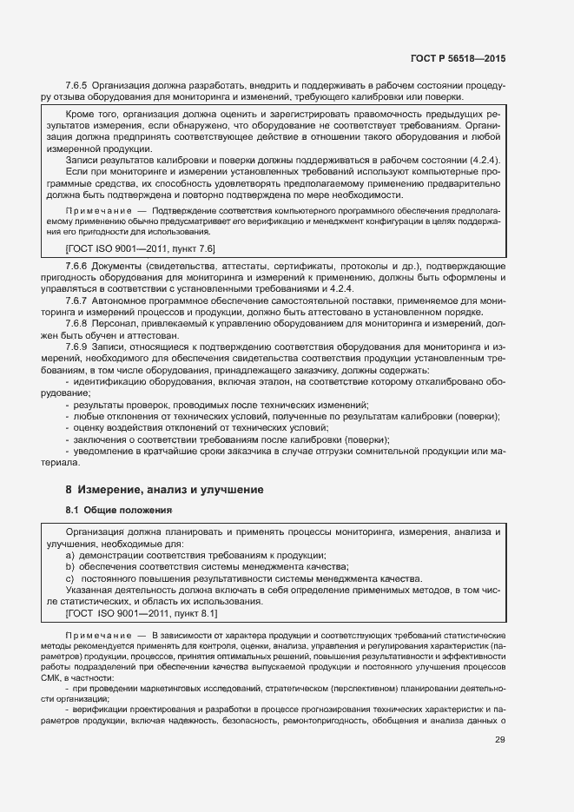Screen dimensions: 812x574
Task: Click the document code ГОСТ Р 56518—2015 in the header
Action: pyautogui.click(x=458, y=58)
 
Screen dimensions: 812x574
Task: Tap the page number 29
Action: pyautogui.click(x=499, y=740)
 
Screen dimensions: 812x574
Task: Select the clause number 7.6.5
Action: pyautogui.click(x=77, y=85)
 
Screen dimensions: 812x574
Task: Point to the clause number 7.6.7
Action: pyautogui.click(x=77, y=300)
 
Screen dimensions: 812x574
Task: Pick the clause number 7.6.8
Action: pyautogui.click(x=77, y=323)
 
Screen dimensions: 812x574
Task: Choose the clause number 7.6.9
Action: pyautogui.click(x=77, y=347)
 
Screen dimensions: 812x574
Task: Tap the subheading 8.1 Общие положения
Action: pyautogui.click(x=119, y=510)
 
